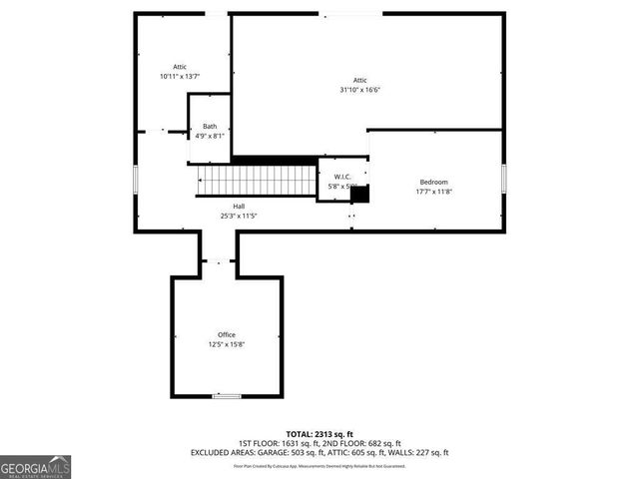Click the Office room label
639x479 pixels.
(x=227, y=334)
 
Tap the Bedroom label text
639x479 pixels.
(x=433, y=182)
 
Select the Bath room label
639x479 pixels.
(x=210, y=127)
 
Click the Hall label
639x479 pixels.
(x=226, y=207)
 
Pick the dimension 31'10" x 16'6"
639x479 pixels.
(x=359, y=90)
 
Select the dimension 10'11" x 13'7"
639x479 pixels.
(x=180, y=77)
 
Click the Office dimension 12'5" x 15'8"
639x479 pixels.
(x=227, y=344)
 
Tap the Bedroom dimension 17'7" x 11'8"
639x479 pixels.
(x=433, y=192)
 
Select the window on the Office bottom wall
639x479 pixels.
(x=227, y=396)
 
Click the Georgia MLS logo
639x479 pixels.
(x=35, y=466)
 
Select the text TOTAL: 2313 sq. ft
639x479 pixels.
(x=319, y=434)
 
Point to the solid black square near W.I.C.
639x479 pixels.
(x=359, y=194)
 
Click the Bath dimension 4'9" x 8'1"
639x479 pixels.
(x=210, y=136)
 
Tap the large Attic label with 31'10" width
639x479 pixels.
(x=359, y=80)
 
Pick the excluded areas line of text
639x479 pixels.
(x=319, y=453)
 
